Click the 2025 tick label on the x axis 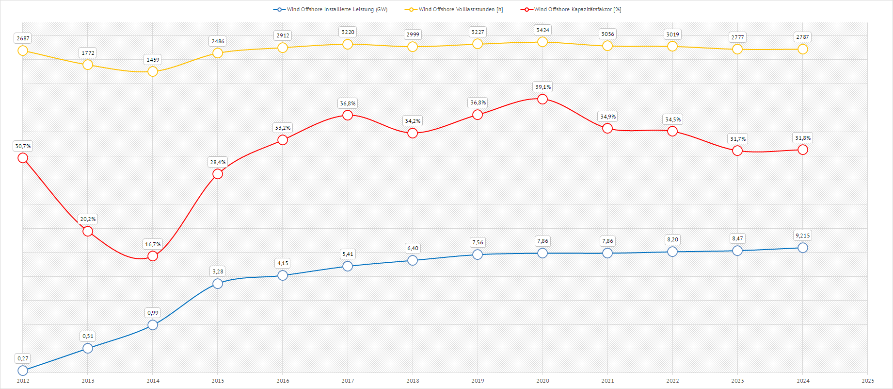coord(868,381)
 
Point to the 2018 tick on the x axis coord(413,381)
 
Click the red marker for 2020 coord(542,99)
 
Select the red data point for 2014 coord(153,255)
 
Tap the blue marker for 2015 coord(218,284)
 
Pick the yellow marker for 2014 coord(153,71)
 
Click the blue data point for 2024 coord(802,248)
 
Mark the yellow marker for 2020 coord(542,42)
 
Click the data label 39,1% coord(543,87)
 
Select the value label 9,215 coord(802,236)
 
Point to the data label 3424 coord(542,30)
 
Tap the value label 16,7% coord(153,244)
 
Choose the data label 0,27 coord(23,358)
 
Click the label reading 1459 coord(153,60)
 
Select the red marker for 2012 coord(23,158)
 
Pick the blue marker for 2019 coord(478,254)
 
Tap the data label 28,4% coord(218,162)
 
